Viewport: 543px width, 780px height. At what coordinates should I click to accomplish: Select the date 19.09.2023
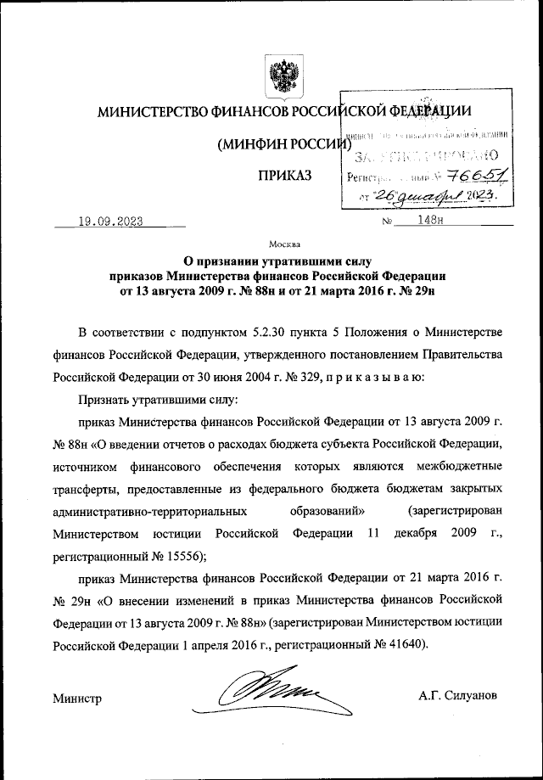point(109,222)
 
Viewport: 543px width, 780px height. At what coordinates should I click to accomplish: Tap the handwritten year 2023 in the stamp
point(480,196)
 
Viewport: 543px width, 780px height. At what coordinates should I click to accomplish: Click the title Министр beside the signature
point(76,698)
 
